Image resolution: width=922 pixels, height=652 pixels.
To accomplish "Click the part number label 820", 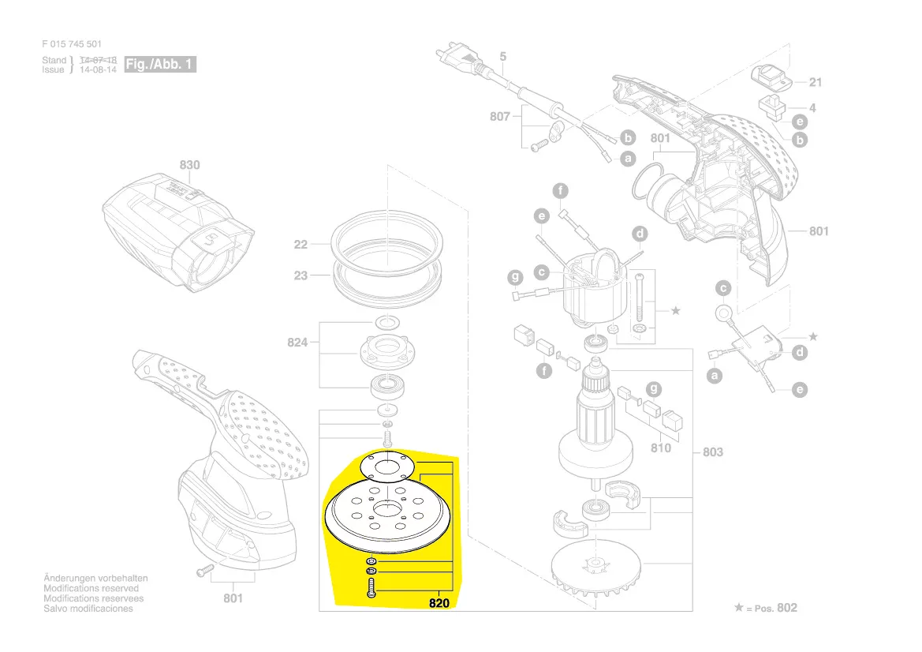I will click(439, 604).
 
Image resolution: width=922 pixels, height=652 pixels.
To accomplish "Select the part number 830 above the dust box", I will click(189, 165).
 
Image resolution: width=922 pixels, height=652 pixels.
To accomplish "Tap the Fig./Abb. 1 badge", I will click(160, 65).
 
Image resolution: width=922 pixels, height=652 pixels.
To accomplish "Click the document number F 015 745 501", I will click(72, 44).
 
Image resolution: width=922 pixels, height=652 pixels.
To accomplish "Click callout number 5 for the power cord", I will click(503, 57).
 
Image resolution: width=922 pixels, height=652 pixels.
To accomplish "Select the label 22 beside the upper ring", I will click(300, 245).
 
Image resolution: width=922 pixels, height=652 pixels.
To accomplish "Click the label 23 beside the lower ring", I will click(300, 275).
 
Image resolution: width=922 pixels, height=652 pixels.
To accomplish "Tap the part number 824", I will click(297, 343).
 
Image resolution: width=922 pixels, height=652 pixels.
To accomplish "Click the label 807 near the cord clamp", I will click(499, 116).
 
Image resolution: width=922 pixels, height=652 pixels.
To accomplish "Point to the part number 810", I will click(661, 448).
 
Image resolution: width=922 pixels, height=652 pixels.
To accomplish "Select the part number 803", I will click(712, 452).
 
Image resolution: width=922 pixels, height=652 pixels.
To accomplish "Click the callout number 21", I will click(815, 82).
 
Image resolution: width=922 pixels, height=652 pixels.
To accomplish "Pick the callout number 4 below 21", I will click(812, 107).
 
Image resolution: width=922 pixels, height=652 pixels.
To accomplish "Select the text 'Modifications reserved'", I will click(91, 589).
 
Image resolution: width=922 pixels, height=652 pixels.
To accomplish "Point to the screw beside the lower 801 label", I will click(204, 568).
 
